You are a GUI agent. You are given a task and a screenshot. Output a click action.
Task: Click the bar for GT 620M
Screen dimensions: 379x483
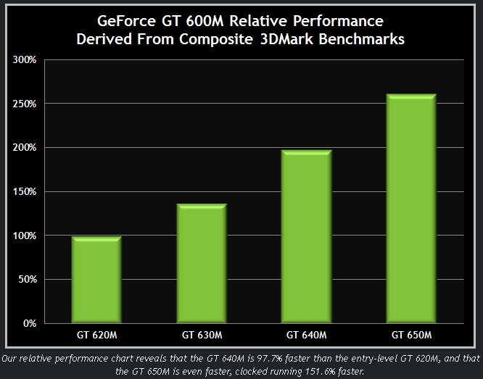click(x=96, y=279)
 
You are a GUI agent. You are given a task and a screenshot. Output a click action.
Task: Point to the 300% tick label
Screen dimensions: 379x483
click(x=25, y=59)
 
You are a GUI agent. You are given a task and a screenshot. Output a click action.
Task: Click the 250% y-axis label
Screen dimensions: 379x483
click(x=25, y=104)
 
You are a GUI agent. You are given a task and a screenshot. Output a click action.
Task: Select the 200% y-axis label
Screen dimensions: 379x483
click(x=25, y=148)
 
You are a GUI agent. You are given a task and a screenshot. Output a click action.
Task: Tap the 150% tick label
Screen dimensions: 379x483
click(x=25, y=192)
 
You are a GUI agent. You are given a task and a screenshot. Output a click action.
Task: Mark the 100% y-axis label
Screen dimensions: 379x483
click(x=25, y=236)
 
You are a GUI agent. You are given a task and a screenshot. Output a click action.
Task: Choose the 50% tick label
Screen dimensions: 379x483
click(x=28, y=280)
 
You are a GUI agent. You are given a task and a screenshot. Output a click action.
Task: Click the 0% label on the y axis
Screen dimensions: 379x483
click(x=30, y=324)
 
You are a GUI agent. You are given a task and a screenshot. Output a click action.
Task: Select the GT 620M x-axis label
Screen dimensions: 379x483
click(x=96, y=335)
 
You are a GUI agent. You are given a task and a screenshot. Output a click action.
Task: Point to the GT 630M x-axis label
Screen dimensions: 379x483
click(x=201, y=335)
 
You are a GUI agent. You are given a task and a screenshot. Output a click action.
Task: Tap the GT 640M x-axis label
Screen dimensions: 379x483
click(x=306, y=335)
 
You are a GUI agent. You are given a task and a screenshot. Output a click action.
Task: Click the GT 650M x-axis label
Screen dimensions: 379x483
click(x=410, y=335)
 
